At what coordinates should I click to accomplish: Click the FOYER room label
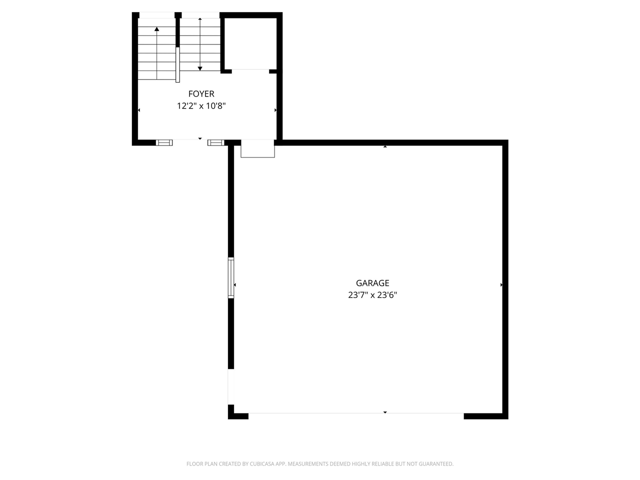pos(201,94)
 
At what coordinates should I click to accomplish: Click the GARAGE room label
pos(372,283)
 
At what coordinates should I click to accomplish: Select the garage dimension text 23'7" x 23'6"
pos(372,295)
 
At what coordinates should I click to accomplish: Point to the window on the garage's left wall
pos(231,278)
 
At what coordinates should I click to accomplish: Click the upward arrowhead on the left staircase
pos(157,29)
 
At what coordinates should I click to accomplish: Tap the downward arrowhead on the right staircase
pos(200,68)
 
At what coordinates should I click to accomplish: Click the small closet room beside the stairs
pos(250,44)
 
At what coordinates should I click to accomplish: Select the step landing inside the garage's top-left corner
pos(257,149)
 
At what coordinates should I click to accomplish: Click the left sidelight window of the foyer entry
pos(164,142)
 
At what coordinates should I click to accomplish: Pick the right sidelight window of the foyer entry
pos(215,142)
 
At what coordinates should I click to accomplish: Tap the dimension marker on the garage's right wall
pos(501,285)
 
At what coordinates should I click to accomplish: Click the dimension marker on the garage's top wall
pos(385,146)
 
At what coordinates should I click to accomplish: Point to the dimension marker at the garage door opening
pos(385,412)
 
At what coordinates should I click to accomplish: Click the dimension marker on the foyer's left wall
pos(139,110)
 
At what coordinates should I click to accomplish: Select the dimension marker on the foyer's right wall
pos(275,110)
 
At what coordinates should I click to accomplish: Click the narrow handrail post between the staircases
pos(177,65)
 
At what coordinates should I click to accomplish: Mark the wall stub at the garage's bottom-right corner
pos(485,416)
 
